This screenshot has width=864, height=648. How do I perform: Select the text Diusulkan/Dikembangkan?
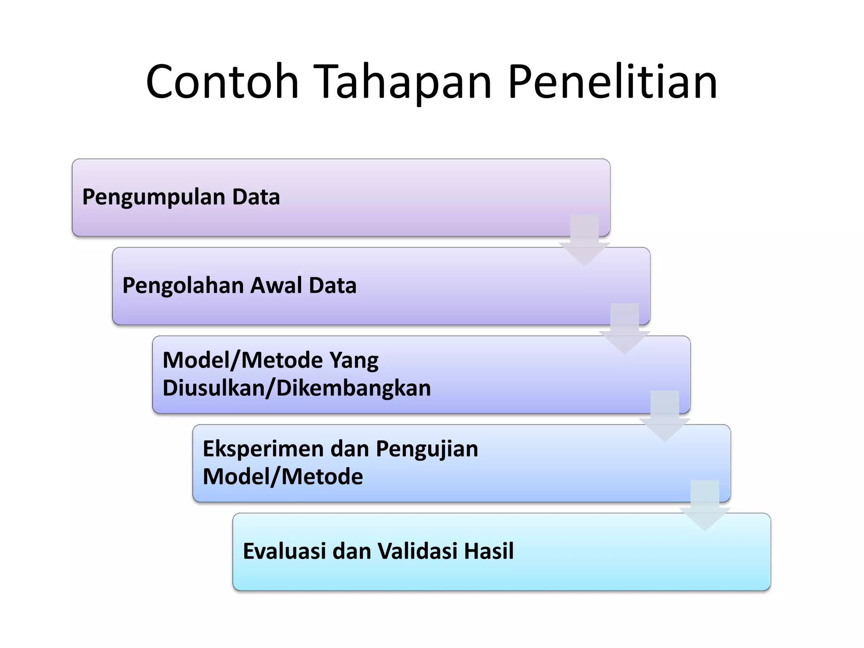[x=297, y=388]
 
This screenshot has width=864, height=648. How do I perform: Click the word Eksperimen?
[x=263, y=448]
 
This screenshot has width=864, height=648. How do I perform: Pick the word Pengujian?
[x=427, y=448]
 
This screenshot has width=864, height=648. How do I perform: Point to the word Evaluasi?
[x=284, y=551]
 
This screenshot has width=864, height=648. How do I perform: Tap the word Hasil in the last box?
[x=489, y=551]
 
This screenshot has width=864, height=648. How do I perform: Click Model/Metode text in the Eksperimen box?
[x=283, y=477]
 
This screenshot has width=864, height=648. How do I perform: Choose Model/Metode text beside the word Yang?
[x=243, y=360]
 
